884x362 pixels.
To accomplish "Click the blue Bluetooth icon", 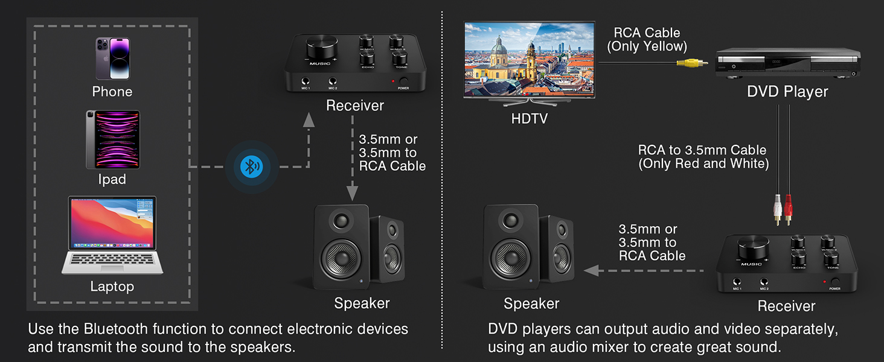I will pyautogui.click(x=251, y=167).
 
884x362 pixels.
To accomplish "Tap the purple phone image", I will pyautogui.click(x=112, y=59).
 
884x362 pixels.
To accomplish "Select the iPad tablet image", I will pyautogui.click(x=112, y=139).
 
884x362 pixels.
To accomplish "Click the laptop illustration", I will pyautogui.click(x=112, y=235).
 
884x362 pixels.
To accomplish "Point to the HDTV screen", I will pyautogui.click(x=529, y=59).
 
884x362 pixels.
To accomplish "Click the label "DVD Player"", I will pyautogui.click(x=787, y=92).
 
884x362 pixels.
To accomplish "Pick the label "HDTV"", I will pyautogui.click(x=530, y=119).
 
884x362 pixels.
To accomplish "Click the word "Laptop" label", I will pyautogui.click(x=112, y=287).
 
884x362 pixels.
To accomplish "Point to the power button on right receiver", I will pyautogui.click(x=836, y=282).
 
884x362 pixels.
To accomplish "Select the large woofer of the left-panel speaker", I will pyautogui.click(x=341, y=258).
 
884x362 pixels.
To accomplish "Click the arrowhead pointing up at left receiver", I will pyautogui.click(x=309, y=120).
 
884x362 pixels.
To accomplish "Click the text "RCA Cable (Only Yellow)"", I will pyautogui.click(x=647, y=39).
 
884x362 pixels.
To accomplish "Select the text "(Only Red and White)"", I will pyautogui.click(x=703, y=164).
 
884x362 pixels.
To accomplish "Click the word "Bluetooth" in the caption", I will pyautogui.click(x=117, y=329).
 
